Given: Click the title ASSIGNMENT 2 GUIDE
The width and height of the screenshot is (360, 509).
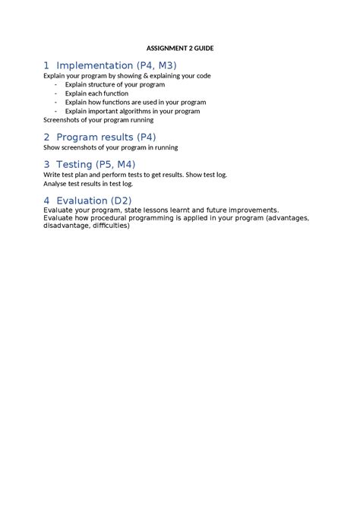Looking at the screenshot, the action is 181,48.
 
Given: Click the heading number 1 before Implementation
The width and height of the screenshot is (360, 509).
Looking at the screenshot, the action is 47,65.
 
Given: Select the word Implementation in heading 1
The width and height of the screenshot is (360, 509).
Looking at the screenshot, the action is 94,65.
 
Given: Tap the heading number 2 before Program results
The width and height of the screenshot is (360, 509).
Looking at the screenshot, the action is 47,137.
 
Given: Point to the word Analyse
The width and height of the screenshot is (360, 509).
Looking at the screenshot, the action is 55,183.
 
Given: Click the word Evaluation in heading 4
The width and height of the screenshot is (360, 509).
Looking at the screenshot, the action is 87,201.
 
